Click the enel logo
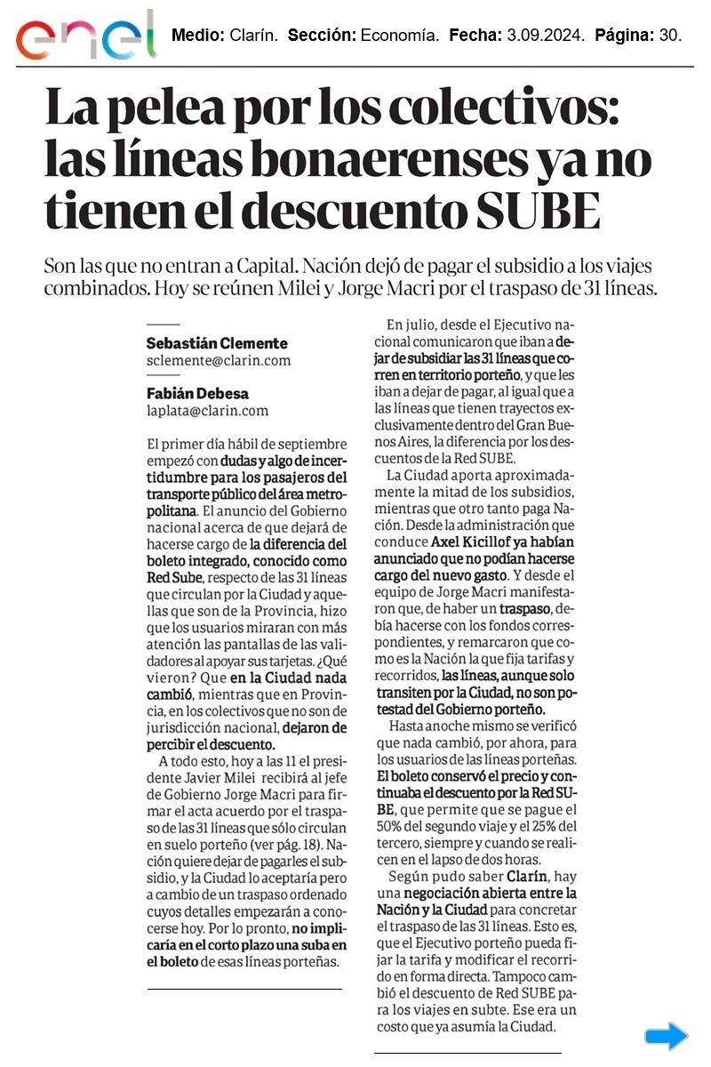(x=84, y=36)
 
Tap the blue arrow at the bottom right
(x=666, y=1036)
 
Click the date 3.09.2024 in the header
(x=542, y=36)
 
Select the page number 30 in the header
(x=670, y=36)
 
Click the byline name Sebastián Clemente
(x=217, y=343)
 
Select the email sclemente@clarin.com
(x=219, y=361)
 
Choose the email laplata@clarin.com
(x=207, y=411)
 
